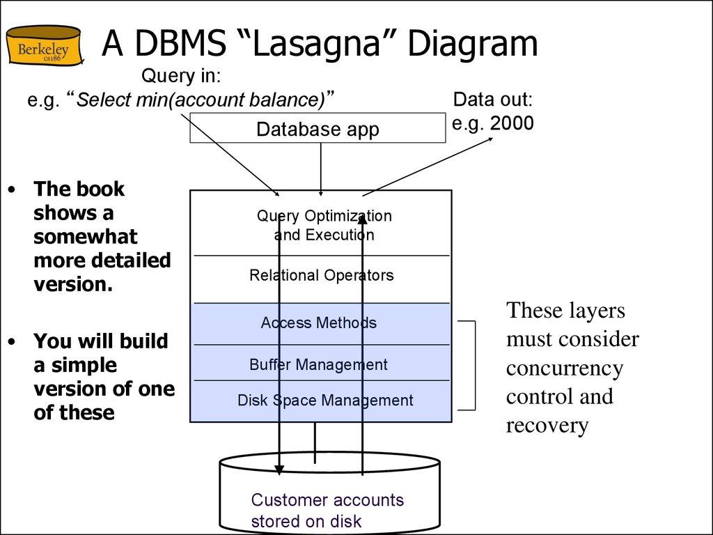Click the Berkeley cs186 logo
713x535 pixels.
click(42, 46)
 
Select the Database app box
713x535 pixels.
click(318, 130)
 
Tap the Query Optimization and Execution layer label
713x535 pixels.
click(324, 225)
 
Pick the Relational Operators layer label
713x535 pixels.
click(321, 275)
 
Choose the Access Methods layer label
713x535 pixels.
click(319, 323)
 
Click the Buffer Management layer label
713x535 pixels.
click(318, 364)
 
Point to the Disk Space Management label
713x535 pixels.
click(325, 401)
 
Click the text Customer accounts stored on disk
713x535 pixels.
click(327, 510)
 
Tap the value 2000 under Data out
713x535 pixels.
click(512, 123)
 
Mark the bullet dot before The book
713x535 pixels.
click(11, 189)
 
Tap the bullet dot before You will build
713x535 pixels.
click(11, 342)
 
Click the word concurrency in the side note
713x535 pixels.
click(564, 368)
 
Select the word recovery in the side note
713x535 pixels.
click(547, 425)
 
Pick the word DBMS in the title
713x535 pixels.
click(178, 44)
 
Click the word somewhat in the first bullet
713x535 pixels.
click(86, 236)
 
